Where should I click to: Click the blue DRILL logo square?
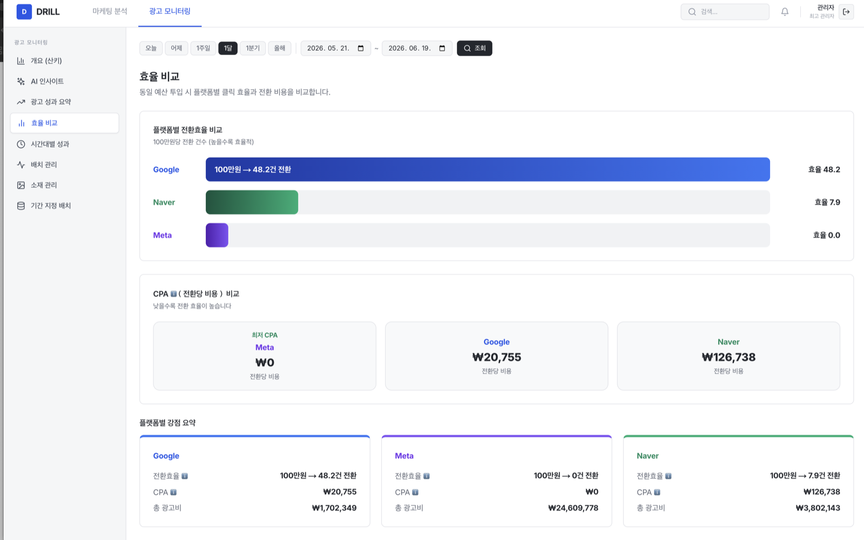click(24, 11)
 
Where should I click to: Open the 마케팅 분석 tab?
click(110, 11)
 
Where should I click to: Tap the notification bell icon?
click(785, 12)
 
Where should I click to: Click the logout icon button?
click(846, 12)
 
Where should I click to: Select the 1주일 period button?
click(203, 48)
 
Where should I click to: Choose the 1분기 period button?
click(253, 48)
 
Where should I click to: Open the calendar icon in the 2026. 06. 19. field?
click(442, 48)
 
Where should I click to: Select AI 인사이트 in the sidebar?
click(47, 82)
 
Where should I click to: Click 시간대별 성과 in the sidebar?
click(50, 144)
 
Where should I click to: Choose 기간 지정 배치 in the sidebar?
click(51, 206)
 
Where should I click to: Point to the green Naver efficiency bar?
click(252, 202)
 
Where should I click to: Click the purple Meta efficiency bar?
click(217, 235)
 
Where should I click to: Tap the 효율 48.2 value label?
click(824, 170)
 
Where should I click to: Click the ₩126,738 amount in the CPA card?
click(728, 357)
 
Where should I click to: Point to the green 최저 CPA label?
click(265, 335)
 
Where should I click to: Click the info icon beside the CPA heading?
click(173, 294)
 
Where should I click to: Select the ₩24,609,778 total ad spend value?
click(573, 508)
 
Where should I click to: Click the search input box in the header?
click(725, 12)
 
